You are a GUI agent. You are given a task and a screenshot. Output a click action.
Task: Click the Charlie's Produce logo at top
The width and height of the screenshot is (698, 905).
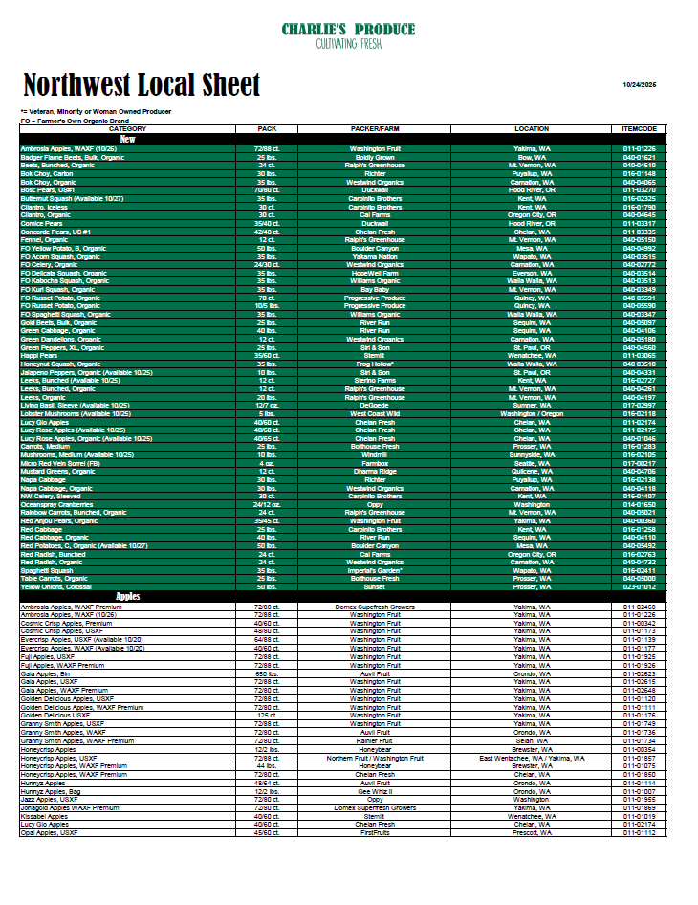tap(348, 35)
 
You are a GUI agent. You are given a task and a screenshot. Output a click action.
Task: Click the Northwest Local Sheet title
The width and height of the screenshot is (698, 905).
tap(141, 84)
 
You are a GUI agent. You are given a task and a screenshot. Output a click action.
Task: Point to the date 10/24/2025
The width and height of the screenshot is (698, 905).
tap(645, 86)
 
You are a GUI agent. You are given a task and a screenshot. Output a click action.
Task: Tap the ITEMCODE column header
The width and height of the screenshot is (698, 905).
tap(639, 128)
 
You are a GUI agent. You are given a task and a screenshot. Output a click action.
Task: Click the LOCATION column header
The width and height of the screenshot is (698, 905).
tap(531, 128)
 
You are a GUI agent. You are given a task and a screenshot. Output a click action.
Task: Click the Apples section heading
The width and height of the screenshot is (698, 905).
tap(127, 597)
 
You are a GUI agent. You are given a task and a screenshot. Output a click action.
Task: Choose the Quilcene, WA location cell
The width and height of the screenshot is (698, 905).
tap(531, 471)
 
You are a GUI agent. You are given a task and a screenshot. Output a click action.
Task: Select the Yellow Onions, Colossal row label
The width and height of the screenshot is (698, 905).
tap(56, 586)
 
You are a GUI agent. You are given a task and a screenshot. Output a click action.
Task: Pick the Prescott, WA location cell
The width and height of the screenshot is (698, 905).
tap(531, 832)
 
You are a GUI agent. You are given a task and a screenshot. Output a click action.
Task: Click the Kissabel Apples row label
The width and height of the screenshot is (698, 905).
tap(45, 816)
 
